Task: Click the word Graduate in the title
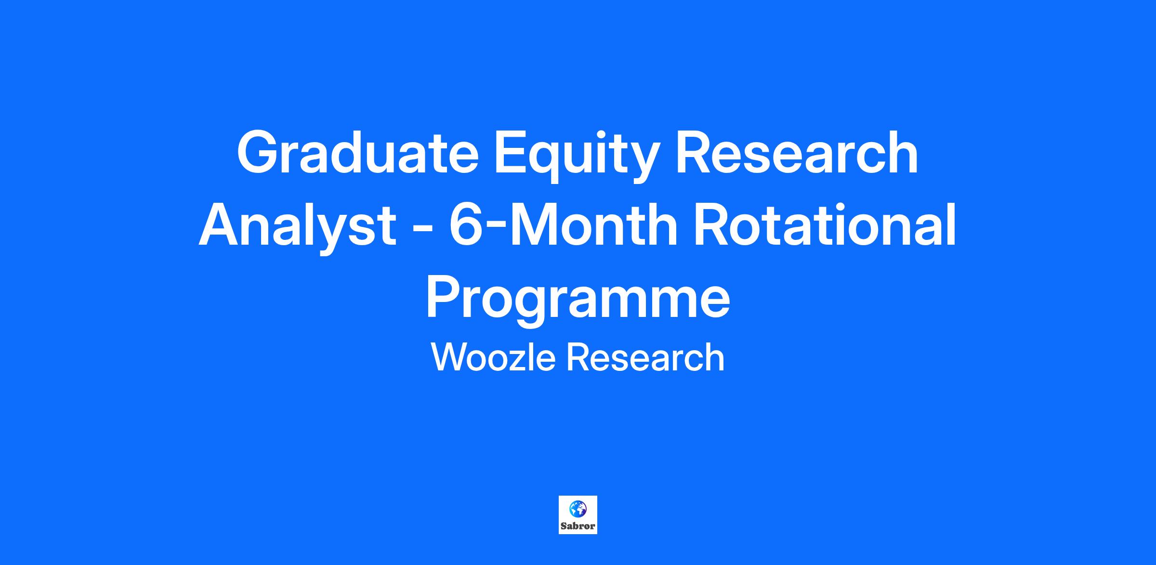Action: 357,152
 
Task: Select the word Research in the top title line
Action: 797,152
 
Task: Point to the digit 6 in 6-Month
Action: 465,225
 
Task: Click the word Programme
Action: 578,302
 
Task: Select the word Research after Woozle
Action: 645,357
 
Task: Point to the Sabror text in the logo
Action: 578,526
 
